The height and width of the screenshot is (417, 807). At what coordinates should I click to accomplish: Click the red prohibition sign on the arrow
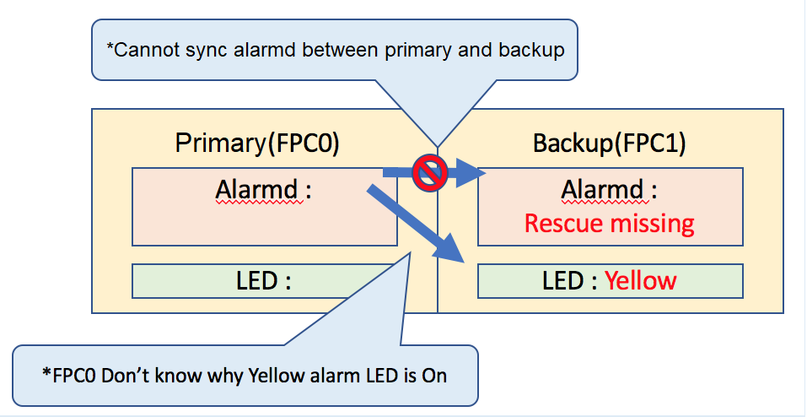(430, 173)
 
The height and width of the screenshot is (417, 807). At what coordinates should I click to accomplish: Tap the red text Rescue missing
(610, 223)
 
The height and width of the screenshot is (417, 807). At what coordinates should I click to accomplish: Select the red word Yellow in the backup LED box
(641, 281)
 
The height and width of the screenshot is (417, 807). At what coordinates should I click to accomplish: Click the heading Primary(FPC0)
(258, 144)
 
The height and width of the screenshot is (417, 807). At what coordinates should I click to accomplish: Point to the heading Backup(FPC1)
(610, 144)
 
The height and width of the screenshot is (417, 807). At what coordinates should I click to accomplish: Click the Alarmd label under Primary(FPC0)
(263, 190)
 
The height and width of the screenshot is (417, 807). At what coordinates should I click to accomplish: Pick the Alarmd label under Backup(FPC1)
(610, 190)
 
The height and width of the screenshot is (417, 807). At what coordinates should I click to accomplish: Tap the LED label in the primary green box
(263, 281)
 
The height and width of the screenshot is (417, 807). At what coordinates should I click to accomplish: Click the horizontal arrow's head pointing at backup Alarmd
(467, 173)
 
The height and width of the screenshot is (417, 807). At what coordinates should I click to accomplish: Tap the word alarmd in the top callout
(261, 50)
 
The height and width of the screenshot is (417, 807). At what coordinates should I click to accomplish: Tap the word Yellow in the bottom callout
(276, 376)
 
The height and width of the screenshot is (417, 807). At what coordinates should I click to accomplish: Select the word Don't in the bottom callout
(122, 376)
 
